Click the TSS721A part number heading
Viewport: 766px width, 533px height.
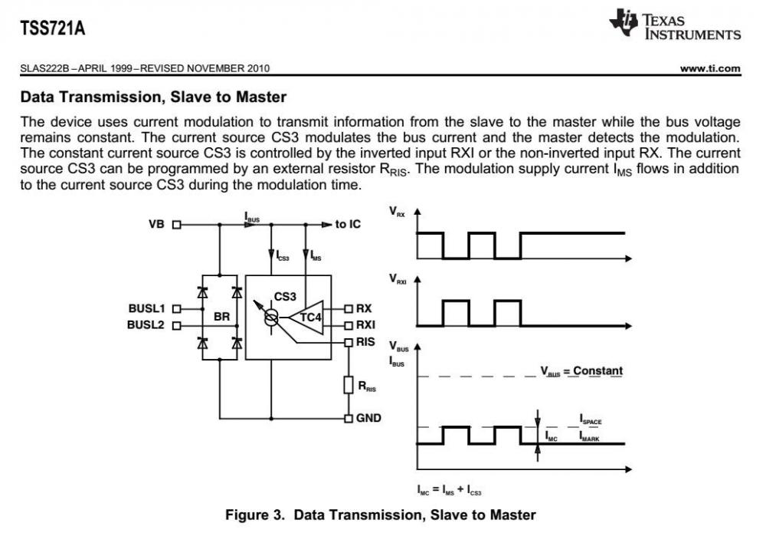pyautogui.click(x=53, y=30)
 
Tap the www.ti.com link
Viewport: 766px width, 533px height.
pyautogui.click(x=710, y=68)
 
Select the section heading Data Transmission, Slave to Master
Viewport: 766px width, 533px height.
pyautogui.click(x=153, y=97)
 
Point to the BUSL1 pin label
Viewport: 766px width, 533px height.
pyautogui.click(x=146, y=308)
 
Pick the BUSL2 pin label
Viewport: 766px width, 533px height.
pyautogui.click(x=146, y=324)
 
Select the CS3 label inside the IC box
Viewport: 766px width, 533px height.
pyautogui.click(x=284, y=295)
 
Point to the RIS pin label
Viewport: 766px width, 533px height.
pyautogui.click(x=365, y=342)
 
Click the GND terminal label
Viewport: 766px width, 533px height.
pyautogui.click(x=368, y=418)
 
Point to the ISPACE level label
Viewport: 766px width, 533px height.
pyautogui.click(x=591, y=419)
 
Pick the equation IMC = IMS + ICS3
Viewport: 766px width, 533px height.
pyautogui.click(x=449, y=489)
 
